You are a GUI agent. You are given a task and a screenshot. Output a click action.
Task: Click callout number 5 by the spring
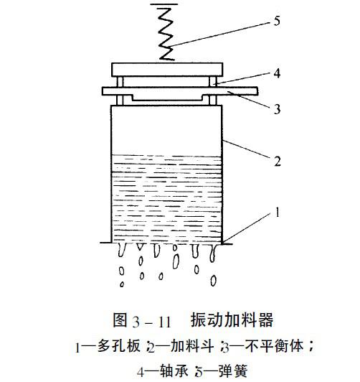click(277, 21)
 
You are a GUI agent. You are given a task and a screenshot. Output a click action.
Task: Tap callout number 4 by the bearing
click(277, 73)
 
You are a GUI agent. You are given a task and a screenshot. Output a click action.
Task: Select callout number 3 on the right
click(277, 109)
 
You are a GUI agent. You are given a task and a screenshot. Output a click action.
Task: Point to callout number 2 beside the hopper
click(278, 162)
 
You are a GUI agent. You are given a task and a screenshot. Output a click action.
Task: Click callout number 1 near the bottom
click(278, 213)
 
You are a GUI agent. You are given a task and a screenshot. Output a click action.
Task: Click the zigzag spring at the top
click(166, 34)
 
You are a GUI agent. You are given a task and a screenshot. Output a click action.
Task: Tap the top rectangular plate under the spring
click(167, 70)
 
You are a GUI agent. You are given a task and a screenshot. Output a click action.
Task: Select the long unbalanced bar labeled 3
click(180, 91)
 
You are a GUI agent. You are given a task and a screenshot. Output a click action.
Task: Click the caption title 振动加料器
click(232, 320)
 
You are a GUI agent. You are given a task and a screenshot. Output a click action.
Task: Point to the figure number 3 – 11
click(151, 322)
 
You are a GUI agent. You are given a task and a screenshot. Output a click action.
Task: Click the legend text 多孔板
click(119, 345)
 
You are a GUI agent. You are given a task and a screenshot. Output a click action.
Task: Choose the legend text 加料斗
click(192, 345)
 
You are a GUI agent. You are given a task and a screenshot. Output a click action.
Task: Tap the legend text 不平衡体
click(274, 345)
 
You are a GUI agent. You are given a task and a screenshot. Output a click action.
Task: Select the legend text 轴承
click(174, 371)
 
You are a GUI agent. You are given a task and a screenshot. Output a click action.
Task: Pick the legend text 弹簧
click(233, 371)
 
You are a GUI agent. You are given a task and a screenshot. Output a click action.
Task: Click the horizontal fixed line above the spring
click(164, 4)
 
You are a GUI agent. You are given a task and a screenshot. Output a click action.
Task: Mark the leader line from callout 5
click(220, 34)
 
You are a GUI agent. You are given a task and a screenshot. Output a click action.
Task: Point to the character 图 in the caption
click(120, 320)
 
